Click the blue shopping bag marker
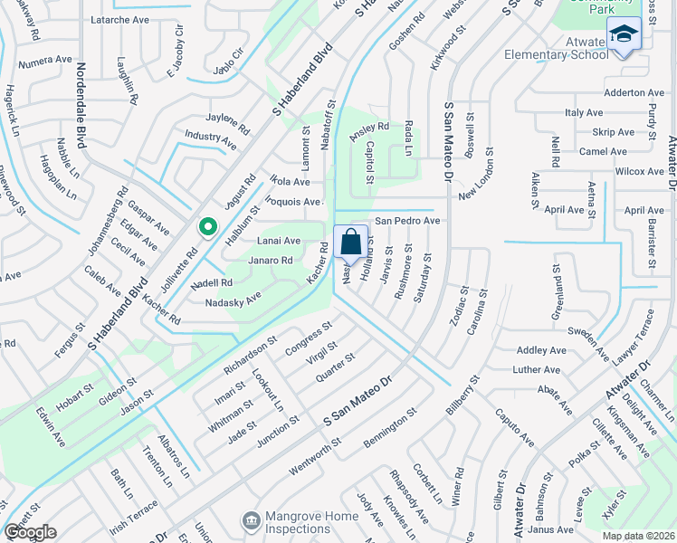[x=351, y=243]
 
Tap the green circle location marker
[x=207, y=227]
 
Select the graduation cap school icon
[x=623, y=34]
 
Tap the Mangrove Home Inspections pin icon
[x=251, y=520]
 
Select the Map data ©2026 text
[x=638, y=536]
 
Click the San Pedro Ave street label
[x=407, y=220]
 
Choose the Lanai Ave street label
[x=279, y=241]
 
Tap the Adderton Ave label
[x=634, y=92]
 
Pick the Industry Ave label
[x=210, y=139]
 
